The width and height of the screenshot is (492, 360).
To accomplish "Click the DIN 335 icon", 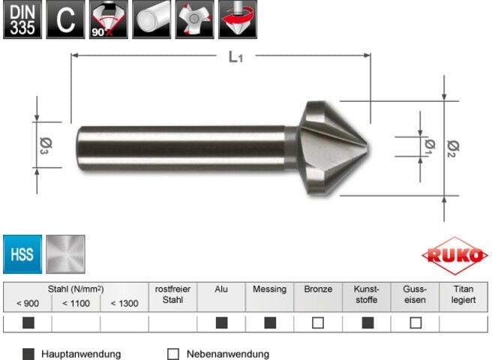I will (22, 19).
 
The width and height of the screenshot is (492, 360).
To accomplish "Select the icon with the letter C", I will (65, 19).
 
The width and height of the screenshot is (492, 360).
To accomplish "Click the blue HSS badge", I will (22, 253).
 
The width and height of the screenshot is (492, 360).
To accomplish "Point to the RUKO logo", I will (454, 255).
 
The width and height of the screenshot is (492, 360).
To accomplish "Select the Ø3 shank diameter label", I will (43, 142).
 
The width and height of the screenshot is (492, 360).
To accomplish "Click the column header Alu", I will (221, 289).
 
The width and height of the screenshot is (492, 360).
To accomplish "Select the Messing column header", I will (269, 289).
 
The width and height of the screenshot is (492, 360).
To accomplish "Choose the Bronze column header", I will (318, 289).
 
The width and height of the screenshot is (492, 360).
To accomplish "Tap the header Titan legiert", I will (463, 294).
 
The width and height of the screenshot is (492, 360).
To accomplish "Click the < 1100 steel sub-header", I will (76, 303).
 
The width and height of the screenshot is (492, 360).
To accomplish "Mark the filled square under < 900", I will (28, 323).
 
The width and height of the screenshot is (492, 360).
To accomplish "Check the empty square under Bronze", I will (318, 323).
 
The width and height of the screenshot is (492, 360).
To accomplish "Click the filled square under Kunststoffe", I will (367, 323).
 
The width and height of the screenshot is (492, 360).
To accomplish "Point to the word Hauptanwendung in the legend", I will (81, 353).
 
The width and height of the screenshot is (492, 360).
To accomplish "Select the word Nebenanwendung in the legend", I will (227, 353).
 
